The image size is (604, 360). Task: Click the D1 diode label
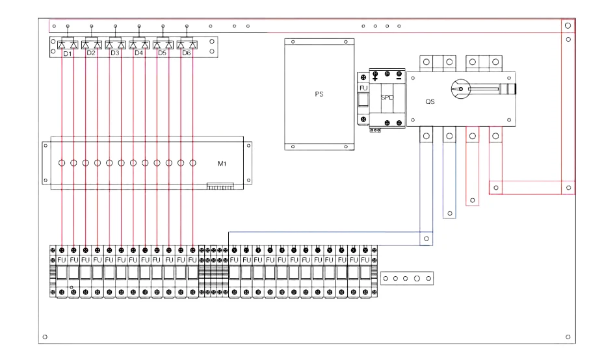point(67,53)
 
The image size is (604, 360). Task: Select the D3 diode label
point(115,53)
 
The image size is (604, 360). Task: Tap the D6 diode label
point(187,53)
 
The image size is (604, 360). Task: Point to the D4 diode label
point(138,53)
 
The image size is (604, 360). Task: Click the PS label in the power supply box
point(319,94)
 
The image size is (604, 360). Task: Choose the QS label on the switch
point(430,102)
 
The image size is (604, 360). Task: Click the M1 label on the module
point(222,164)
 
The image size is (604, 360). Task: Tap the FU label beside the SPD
point(363,88)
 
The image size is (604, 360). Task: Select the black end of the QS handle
point(514,88)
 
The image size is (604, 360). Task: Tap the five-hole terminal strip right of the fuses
point(407,277)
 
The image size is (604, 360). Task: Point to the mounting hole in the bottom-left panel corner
point(44,337)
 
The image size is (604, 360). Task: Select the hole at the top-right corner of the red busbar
point(568,25)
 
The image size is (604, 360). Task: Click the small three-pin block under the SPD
point(375,129)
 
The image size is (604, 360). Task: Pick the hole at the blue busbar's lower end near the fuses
point(426,238)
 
